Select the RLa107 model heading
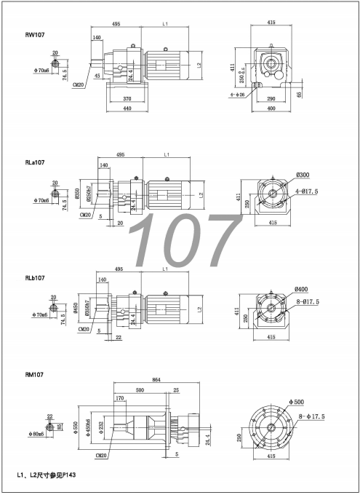(x=36, y=163)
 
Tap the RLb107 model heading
(x=36, y=278)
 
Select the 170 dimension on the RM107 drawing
(x=119, y=398)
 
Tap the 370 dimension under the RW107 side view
(x=127, y=98)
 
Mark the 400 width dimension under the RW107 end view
(x=271, y=108)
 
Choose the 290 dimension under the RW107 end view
(x=271, y=98)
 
